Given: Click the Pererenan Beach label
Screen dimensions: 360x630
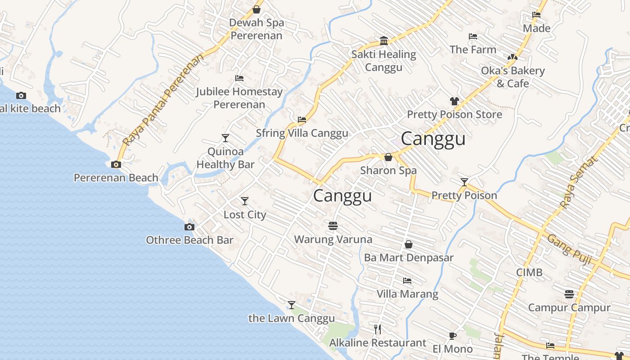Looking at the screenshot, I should click(116, 178).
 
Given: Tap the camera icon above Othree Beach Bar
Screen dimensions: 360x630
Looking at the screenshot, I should click(189, 227).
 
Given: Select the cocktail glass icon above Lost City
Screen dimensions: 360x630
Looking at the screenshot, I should click(245, 201).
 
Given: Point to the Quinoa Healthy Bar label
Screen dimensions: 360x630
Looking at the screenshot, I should click(225, 158).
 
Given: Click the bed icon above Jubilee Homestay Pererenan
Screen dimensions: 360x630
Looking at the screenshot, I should click(239, 78).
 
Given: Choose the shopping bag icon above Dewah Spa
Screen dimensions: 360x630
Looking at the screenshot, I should click(256, 9).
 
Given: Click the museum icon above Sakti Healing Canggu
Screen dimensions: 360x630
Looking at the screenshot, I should click(384, 41).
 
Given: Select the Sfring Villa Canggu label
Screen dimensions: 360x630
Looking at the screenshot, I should click(302, 133).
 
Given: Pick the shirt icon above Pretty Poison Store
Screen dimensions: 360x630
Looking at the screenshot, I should click(454, 101).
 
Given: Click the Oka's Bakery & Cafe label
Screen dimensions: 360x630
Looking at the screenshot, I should click(513, 77).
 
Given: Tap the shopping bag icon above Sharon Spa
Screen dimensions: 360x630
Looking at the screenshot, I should click(388, 157).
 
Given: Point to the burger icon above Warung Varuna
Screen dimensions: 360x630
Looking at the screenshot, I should click(333, 225).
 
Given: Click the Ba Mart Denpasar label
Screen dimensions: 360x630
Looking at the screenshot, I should click(409, 258).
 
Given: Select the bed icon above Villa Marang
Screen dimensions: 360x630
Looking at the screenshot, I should click(407, 281).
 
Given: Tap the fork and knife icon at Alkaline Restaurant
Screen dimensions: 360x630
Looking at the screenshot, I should click(378, 329).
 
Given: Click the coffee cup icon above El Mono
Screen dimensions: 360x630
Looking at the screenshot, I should click(453, 336).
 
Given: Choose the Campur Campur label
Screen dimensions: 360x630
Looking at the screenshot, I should click(569, 308).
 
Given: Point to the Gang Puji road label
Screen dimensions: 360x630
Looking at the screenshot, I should click(569, 247).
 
